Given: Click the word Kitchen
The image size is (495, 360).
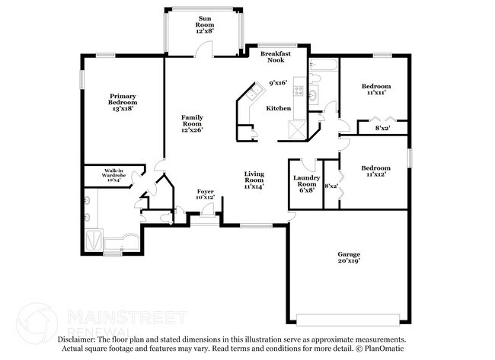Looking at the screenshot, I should [x=278, y=109].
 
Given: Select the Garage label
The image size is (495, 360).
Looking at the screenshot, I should [x=349, y=257].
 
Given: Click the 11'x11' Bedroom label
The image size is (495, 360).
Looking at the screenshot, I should [x=376, y=89].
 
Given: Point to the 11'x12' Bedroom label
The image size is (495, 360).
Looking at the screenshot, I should [x=376, y=171].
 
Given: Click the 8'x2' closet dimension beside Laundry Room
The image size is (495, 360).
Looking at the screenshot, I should [x=331, y=185].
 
